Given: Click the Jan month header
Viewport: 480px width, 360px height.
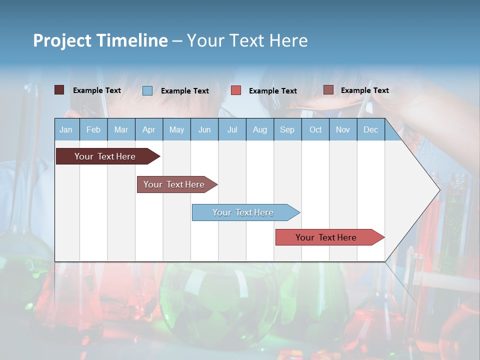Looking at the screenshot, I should pyautogui.click(x=66, y=129).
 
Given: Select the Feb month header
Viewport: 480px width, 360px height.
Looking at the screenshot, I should pyautogui.click(x=93, y=129).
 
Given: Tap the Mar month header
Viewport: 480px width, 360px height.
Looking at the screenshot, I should pyautogui.click(x=121, y=129).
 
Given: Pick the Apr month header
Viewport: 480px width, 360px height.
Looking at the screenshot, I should pyautogui.click(x=149, y=129).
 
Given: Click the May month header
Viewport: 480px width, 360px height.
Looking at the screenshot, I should pyautogui.click(x=176, y=129).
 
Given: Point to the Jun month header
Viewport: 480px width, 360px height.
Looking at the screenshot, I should pyautogui.click(x=204, y=129).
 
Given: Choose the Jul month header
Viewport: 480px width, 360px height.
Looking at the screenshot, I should pyautogui.click(x=232, y=129).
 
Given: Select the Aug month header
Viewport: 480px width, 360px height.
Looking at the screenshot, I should pyautogui.click(x=260, y=129).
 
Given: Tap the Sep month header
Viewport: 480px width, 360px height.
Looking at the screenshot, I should pyautogui.click(x=287, y=129).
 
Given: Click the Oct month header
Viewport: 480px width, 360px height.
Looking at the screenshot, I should pyautogui.click(x=315, y=129).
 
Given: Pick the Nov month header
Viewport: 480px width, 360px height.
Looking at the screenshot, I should pyautogui.click(x=343, y=129).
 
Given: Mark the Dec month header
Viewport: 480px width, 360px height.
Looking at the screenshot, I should pyautogui.click(x=371, y=129).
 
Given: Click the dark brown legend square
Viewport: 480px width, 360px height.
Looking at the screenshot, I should pyautogui.click(x=59, y=90).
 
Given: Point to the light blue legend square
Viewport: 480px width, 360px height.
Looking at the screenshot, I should pyautogui.click(x=147, y=90).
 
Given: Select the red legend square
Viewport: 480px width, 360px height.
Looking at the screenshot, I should pyautogui.click(x=236, y=90).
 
